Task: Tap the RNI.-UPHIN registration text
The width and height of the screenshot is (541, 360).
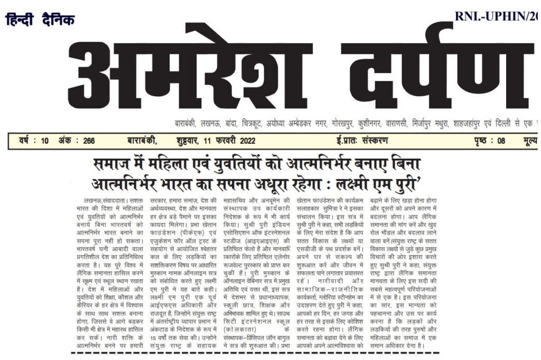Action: click(x=497, y=16)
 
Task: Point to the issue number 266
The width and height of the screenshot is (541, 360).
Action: click(x=88, y=141)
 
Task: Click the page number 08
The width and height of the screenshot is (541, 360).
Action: click(x=501, y=141)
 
